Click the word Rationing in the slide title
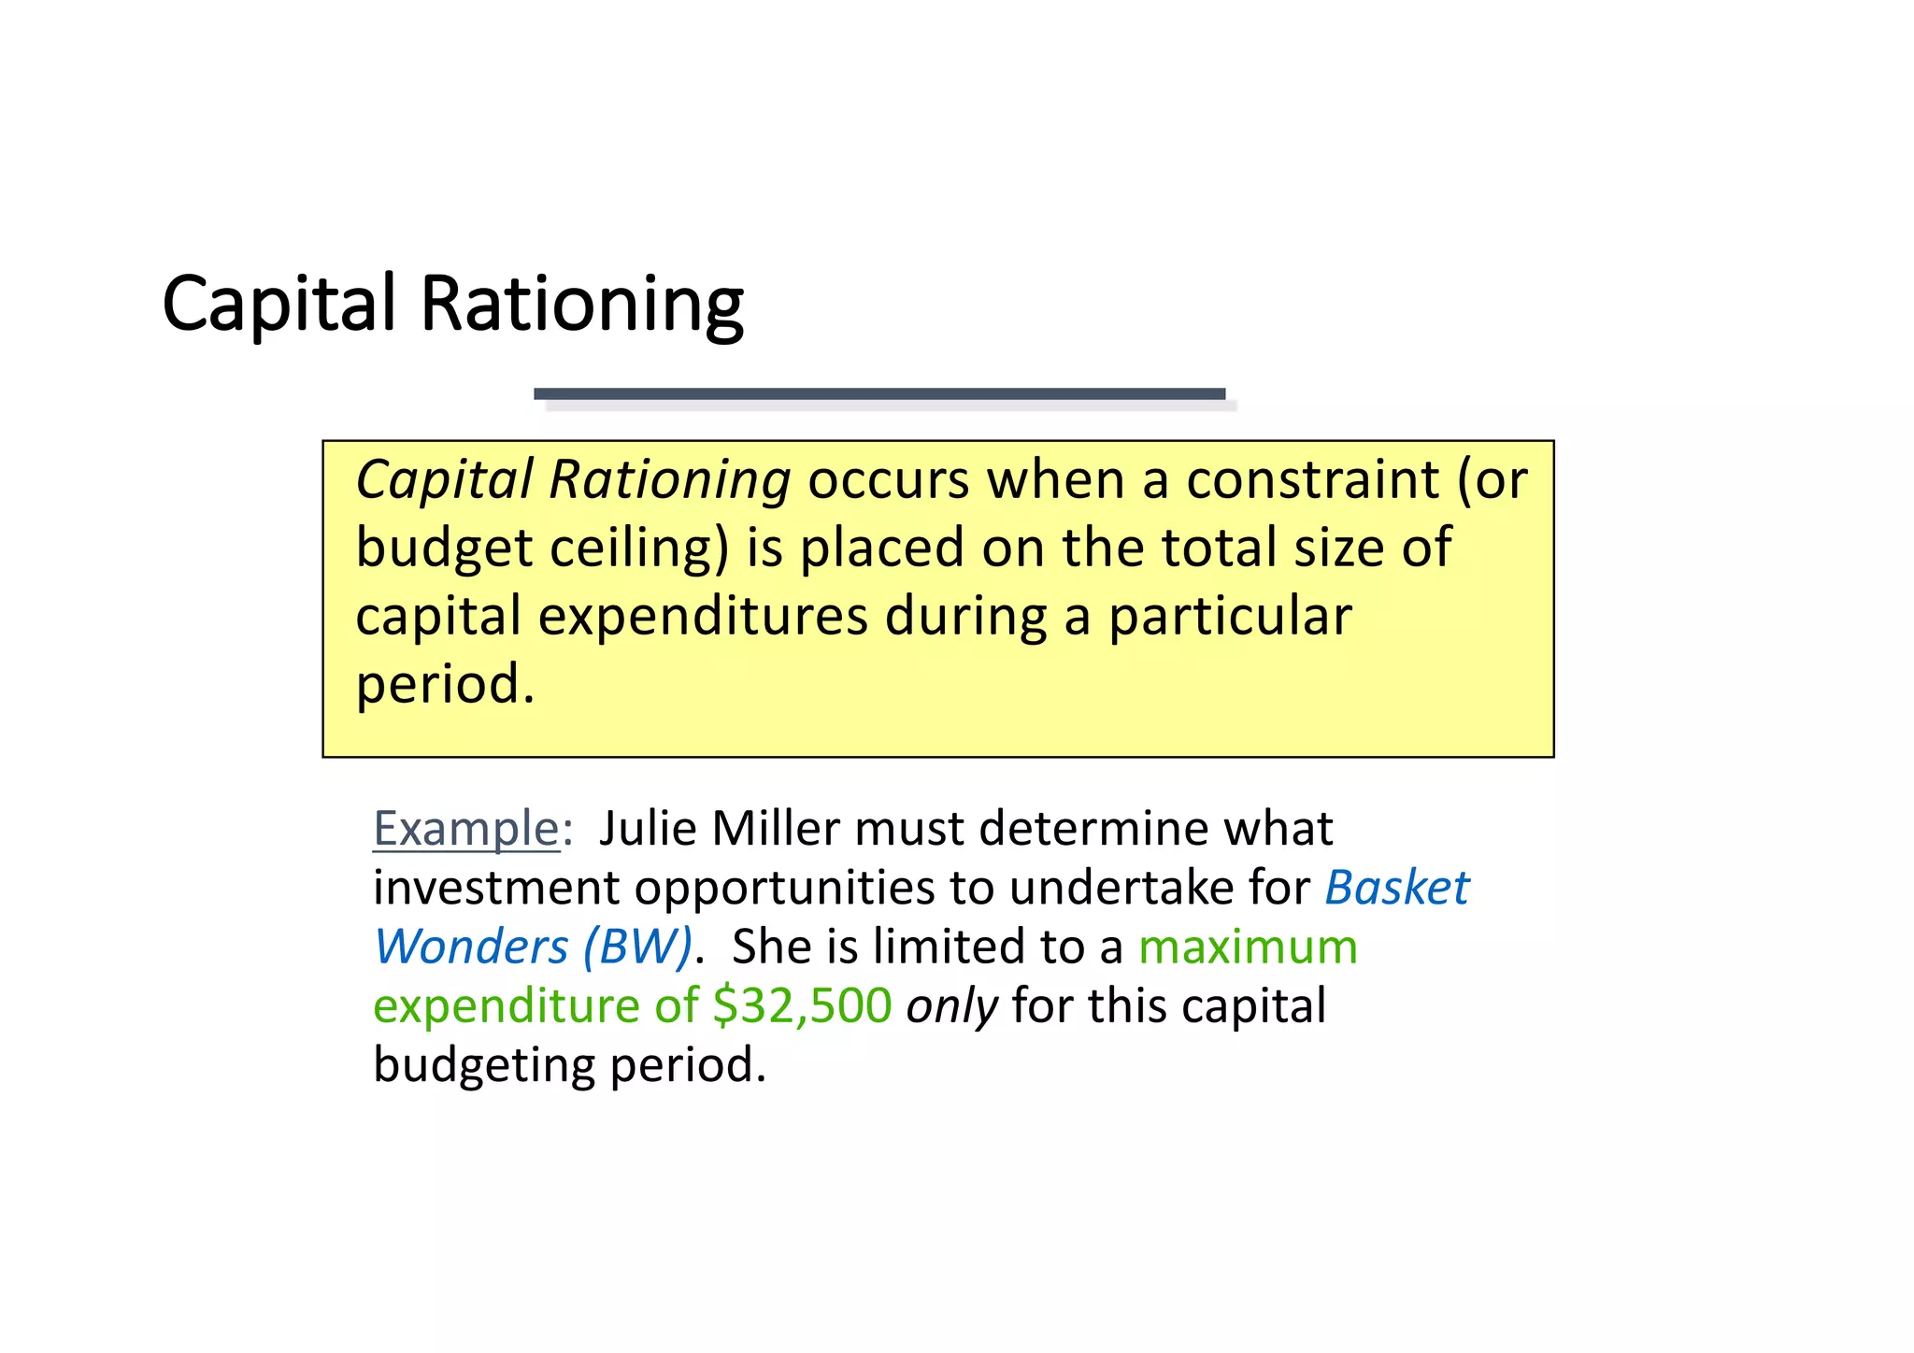(x=581, y=305)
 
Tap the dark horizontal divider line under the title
(x=878, y=394)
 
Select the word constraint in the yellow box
(x=1312, y=480)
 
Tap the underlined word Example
(x=465, y=829)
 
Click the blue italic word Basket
(x=1396, y=888)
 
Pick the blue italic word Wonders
(x=471, y=947)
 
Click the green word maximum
(x=1248, y=947)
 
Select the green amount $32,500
(x=801, y=1006)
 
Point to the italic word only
(x=950, y=1006)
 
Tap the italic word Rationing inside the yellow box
(x=669, y=480)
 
